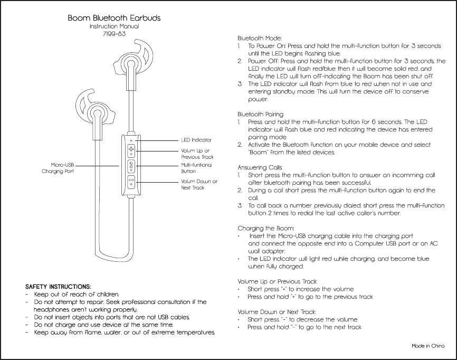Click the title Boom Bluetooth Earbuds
(x=114, y=18)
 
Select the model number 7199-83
(x=114, y=34)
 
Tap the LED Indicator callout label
(x=196, y=140)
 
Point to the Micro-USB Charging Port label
(x=58, y=168)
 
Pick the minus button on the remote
(x=130, y=181)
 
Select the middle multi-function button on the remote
(x=130, y=166)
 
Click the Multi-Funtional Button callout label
(x=196, y=168)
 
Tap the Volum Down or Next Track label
(x=199, y=184)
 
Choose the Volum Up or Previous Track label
(x=197, y=154)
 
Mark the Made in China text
(x=428, y=346)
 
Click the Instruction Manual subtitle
(x=114, y=26)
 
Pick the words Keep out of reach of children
(x=77, y=294)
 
